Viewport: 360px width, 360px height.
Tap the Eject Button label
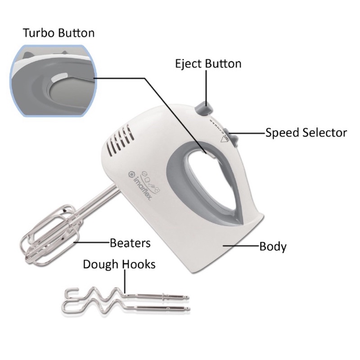click(x=208, y=63)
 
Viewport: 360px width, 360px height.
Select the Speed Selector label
click(x=306, y=133)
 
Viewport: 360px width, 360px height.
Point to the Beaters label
click(x=130, y=243)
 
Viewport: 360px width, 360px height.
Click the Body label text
click(x=273, y=247)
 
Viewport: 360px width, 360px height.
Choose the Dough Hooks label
click(x=119, y=264)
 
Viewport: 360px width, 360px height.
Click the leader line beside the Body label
click(x=241, y=246)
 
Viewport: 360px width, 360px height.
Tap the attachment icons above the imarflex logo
click(x=151, y=178)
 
